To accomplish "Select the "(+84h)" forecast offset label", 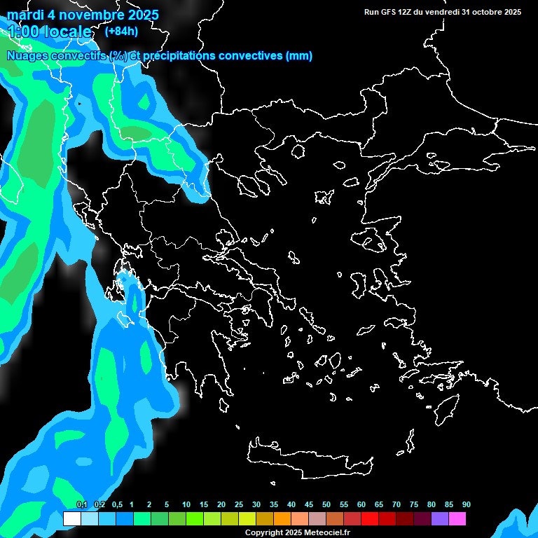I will (121, 31).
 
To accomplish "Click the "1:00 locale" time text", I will (49, 32).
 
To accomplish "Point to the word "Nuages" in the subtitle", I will (27, 56).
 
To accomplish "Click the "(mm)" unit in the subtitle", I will (299, 56).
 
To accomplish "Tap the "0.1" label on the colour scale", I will (81, 504).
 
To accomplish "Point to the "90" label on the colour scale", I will (467, 504).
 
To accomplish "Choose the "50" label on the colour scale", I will (326, 504).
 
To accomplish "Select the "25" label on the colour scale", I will (239, 504).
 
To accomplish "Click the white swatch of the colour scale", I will (71, 519).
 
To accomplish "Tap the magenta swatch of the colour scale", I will (457, 519).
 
